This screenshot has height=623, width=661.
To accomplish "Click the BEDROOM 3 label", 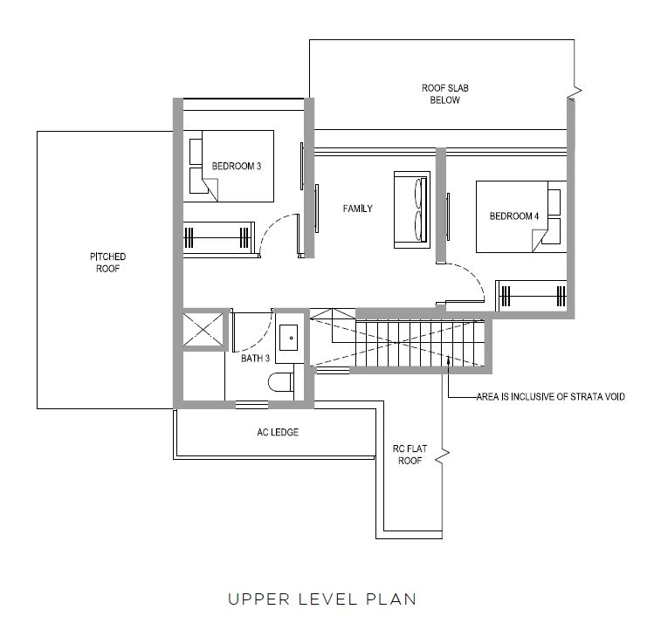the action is click(x=236, y=167).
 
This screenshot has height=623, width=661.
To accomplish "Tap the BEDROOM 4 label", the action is click(x=514, y=216).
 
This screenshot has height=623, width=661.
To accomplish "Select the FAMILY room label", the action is click(x=357, y=209).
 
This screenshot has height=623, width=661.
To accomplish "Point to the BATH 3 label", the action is click(x=255, y=359).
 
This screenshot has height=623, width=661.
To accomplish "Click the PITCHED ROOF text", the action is click(x=108, y=263).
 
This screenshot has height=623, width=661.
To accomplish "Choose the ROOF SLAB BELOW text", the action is click(x=444, y=94).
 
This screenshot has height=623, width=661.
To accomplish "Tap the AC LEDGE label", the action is click(x=278, y=432).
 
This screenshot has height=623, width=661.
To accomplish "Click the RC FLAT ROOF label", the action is click(x=410, y=455).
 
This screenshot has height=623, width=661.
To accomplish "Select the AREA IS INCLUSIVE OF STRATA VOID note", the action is click(x=551, y=397).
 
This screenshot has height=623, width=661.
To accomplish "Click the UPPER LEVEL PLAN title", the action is click(x=322, y=599).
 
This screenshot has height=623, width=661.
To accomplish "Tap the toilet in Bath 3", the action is click(x=281, y=382).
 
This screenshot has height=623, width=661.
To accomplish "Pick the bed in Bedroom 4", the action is click(x=521, y=217).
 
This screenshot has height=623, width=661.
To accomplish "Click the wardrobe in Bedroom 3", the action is click(x=219, y=238).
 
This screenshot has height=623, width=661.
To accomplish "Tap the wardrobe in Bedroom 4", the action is click(x=531, y=296).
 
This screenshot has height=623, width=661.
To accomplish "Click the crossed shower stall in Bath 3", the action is click(x=203, y=330).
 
